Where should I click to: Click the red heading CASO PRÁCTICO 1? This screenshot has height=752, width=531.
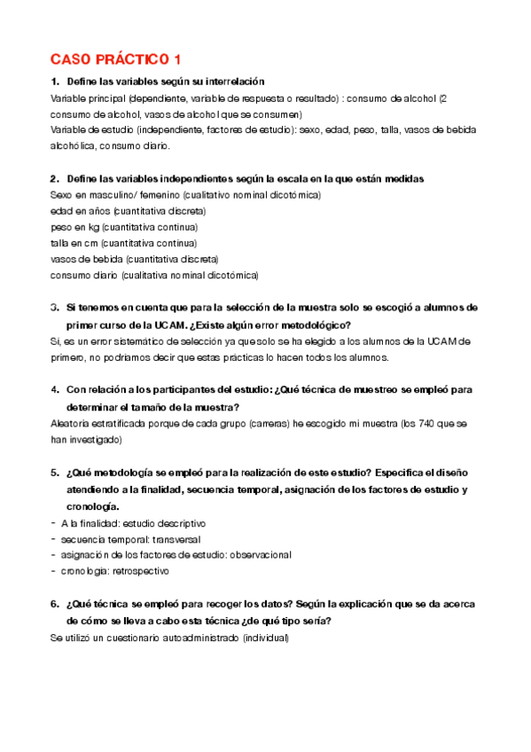point(115,59)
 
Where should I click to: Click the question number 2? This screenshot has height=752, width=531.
point(54,178)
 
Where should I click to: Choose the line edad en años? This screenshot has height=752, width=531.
point(129,211)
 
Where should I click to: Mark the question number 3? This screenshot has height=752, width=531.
point(54,307)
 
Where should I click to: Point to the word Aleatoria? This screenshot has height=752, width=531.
point(72,423)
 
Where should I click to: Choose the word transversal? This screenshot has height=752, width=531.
point(177,538)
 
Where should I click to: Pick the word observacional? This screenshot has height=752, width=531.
point(259,554)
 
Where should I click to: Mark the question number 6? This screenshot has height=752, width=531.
point(54,603)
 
